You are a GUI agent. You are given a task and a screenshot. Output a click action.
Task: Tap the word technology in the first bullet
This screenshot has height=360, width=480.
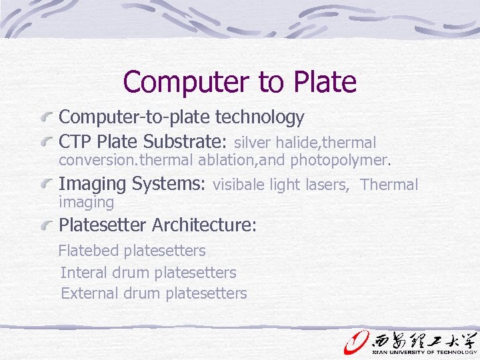[x=259, y=117]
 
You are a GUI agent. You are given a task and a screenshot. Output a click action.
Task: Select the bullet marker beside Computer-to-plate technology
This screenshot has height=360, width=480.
[x=47, y=118]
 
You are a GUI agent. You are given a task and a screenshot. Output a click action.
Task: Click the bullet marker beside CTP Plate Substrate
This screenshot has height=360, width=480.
[x=47, y=142]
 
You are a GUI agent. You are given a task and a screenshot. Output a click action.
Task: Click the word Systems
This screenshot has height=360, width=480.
[x=169, y=184]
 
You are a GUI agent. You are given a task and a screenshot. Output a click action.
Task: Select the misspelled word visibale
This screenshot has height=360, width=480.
[x=239, y=185]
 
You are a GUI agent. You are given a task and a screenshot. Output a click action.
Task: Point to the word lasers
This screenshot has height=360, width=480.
[x=327, y=185]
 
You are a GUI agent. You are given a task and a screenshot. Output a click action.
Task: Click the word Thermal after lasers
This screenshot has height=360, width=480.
[x=389, y=185]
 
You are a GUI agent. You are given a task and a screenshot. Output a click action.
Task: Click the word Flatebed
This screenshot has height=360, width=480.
[x=89, y=251]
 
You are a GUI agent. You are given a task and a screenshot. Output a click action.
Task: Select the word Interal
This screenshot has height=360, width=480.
[x=85, y=272]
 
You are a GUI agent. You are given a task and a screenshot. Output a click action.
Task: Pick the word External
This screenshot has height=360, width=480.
[x=89, y=293]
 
